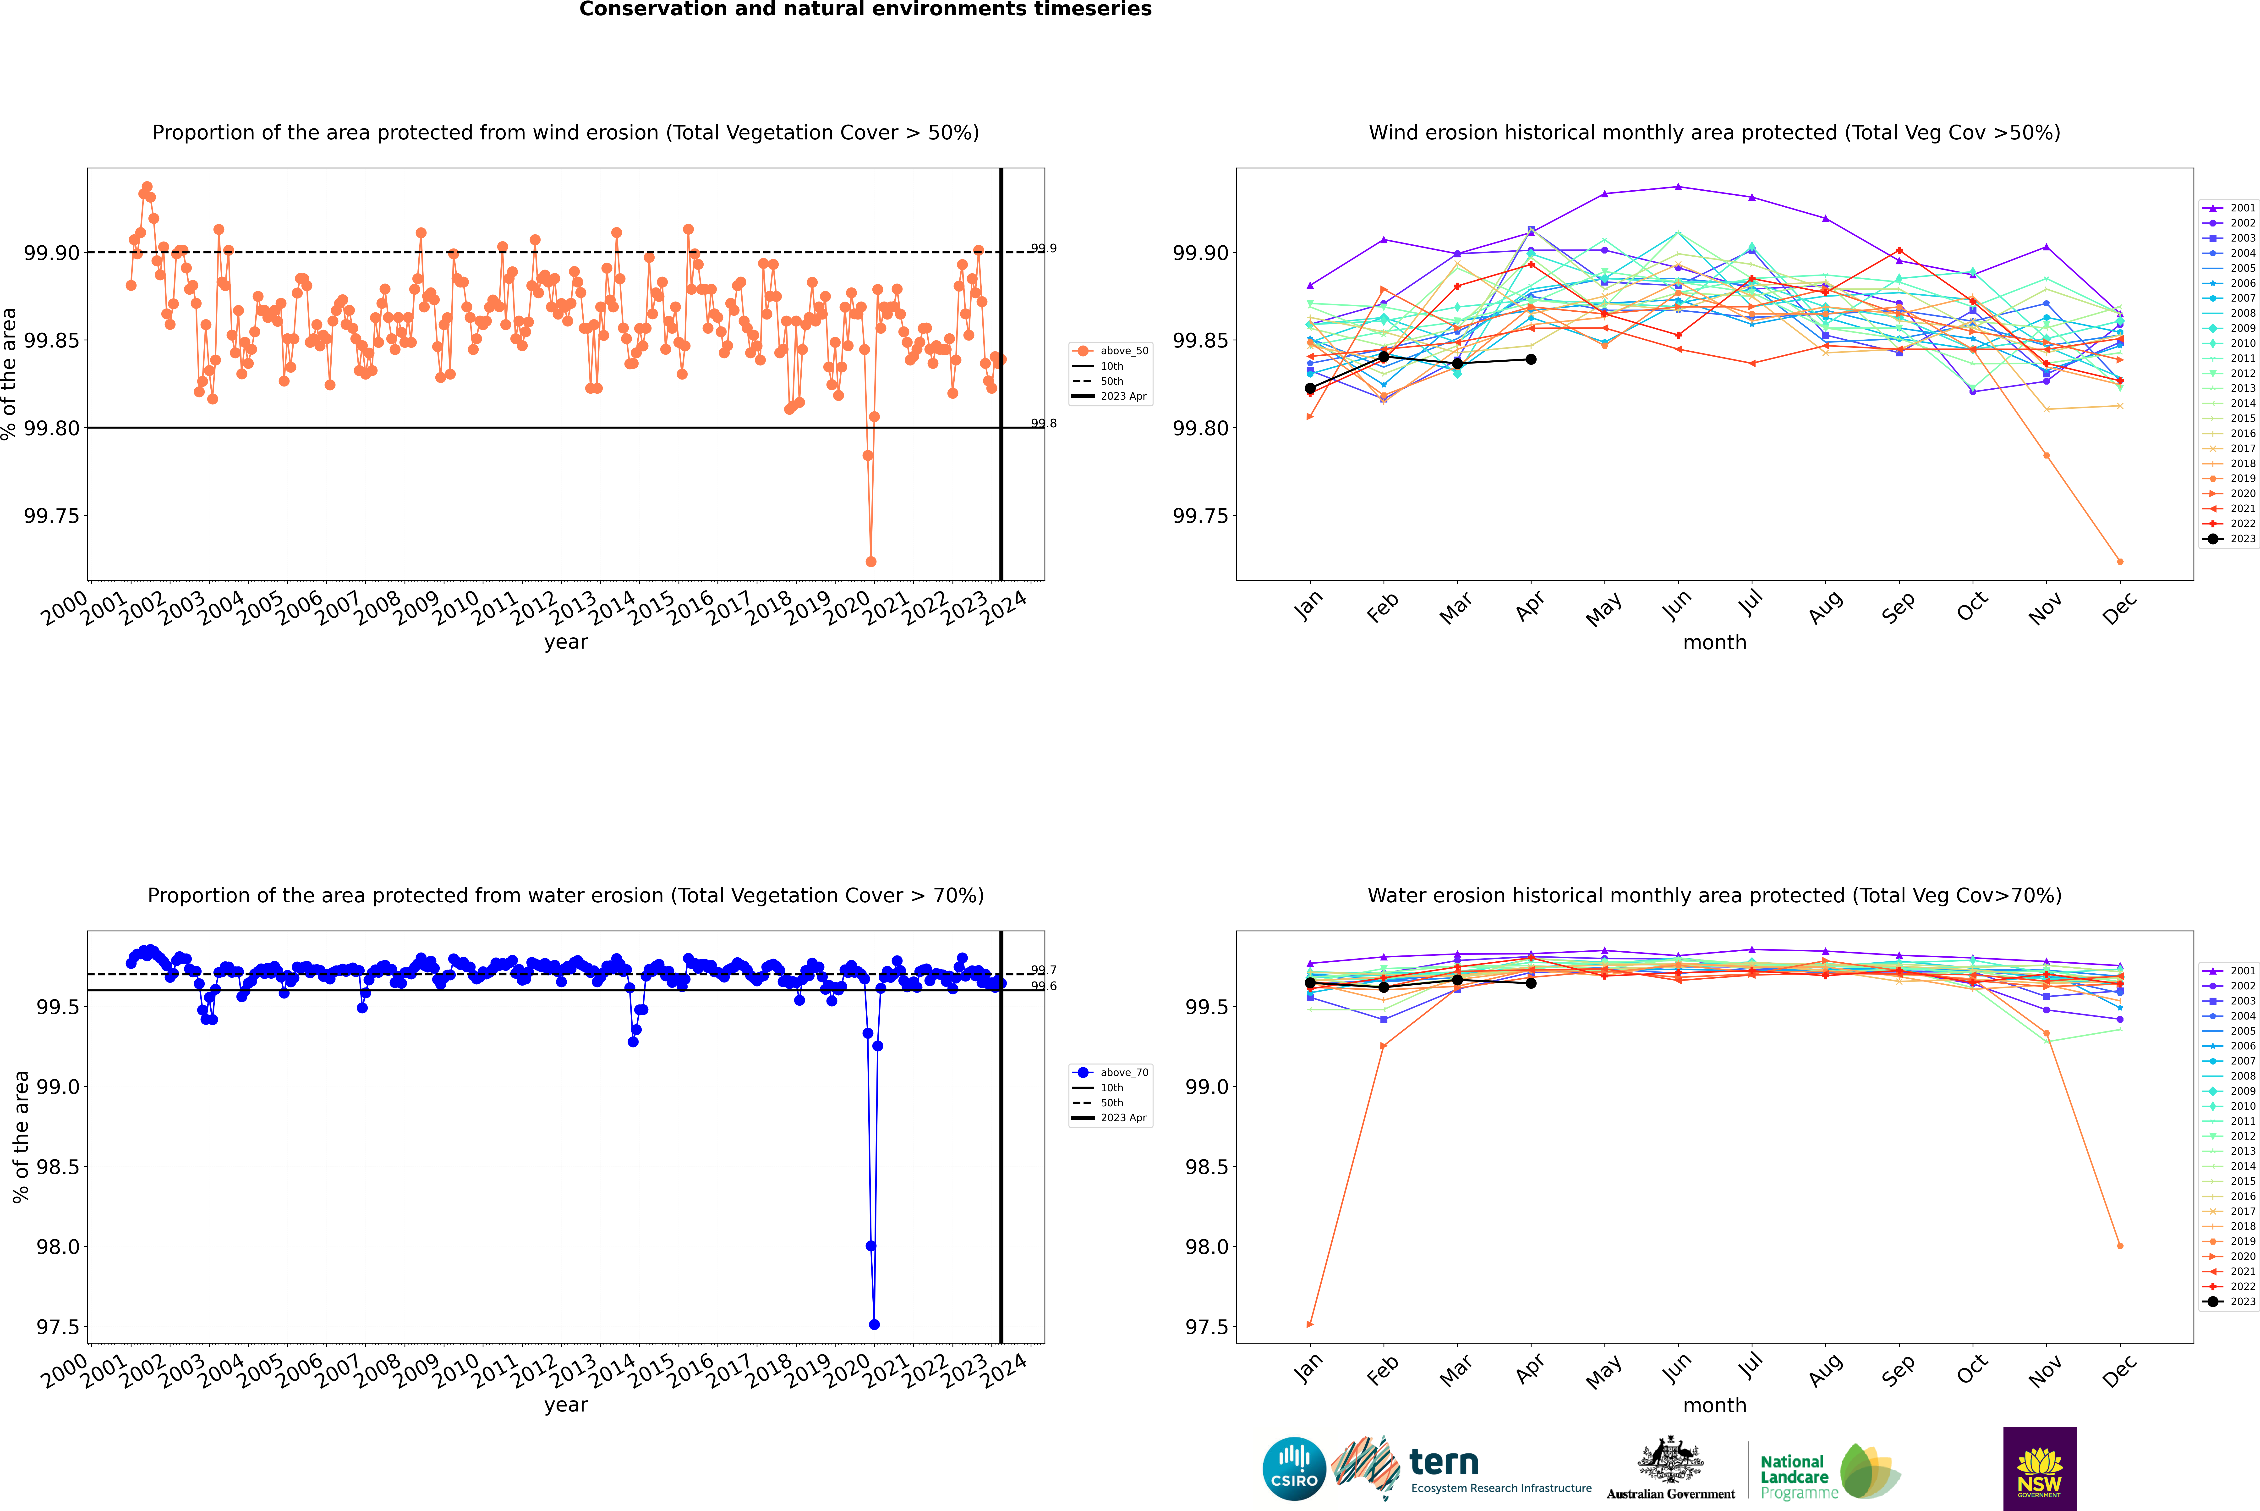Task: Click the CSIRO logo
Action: [x=1294, y=1469]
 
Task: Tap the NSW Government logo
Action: [x=2039, y=1469]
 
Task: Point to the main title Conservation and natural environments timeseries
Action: [x=865, y=10]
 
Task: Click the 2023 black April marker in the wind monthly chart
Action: [x=1531, y=359]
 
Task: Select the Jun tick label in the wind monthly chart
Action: [x=1676, y=605]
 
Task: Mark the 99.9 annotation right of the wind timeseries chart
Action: [x=1043, y=249]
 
